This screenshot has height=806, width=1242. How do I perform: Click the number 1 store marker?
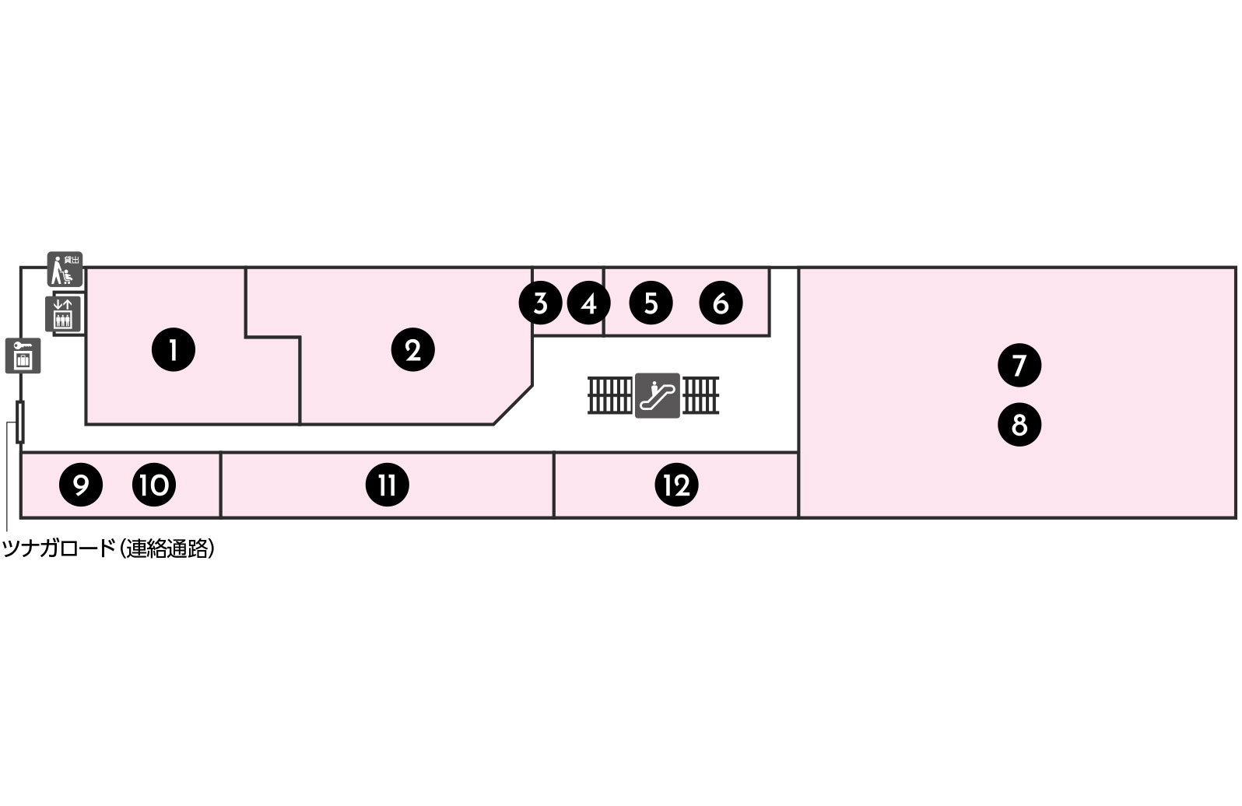coord(173,350)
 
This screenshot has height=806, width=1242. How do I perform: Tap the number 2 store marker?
coord(412,350)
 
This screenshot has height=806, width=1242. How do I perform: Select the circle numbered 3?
coord(541,303)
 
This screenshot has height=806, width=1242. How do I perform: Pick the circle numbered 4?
coord(589,303)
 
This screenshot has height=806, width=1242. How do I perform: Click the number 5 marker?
coord(651,303)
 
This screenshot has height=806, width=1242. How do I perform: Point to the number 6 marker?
coord(721,303)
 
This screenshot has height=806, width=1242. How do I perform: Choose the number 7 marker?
coord(1019,365)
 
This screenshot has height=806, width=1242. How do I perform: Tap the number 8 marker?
coord(1019,425)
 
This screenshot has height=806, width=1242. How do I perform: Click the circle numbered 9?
coord(81,485)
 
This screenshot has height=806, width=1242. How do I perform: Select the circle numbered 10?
coord(154,485)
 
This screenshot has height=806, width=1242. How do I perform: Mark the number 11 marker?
coord(388,485)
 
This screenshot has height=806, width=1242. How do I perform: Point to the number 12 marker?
coord(677,485)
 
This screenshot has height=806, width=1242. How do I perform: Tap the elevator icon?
coord(63,314)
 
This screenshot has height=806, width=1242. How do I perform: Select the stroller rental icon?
coord(65,269)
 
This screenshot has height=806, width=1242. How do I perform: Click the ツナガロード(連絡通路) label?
coord(109,549)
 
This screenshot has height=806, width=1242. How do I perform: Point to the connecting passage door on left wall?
coord(20,422)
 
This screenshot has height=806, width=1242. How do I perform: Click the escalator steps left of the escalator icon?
coord(610,395)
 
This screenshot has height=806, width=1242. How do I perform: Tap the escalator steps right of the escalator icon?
coord(700,395)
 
